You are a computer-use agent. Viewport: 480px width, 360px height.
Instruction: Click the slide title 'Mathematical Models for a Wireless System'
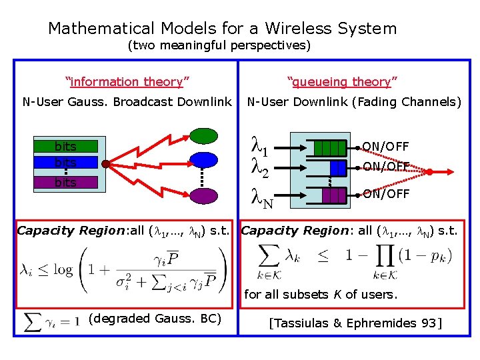pos(222,29)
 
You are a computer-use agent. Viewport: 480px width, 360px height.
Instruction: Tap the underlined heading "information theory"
pos(127,82)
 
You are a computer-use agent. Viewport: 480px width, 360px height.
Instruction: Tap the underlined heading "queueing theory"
pos(342,82)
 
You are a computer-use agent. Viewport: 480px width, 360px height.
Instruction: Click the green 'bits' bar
pos(66,147)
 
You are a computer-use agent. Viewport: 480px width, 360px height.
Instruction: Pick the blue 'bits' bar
pos(66,163)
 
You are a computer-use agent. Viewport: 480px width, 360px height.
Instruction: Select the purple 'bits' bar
pos(66,182)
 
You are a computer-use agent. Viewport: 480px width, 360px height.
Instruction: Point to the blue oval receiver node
pos(203,160)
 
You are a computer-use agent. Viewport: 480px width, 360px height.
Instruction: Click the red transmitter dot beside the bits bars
pos(105,163)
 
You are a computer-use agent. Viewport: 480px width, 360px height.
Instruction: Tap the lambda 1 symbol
pos(260,145)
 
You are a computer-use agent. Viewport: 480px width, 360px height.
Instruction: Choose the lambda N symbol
pos(261,196)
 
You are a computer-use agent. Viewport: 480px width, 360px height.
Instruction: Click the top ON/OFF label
pos(385,147)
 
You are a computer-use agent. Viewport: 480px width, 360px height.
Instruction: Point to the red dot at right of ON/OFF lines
pos(430,172)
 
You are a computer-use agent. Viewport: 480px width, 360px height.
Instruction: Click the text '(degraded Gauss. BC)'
pos(155,318)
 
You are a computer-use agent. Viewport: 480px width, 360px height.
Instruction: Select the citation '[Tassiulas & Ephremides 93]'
pos(355,323)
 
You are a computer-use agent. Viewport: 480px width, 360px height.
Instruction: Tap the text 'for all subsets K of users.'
pos(321,294)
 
